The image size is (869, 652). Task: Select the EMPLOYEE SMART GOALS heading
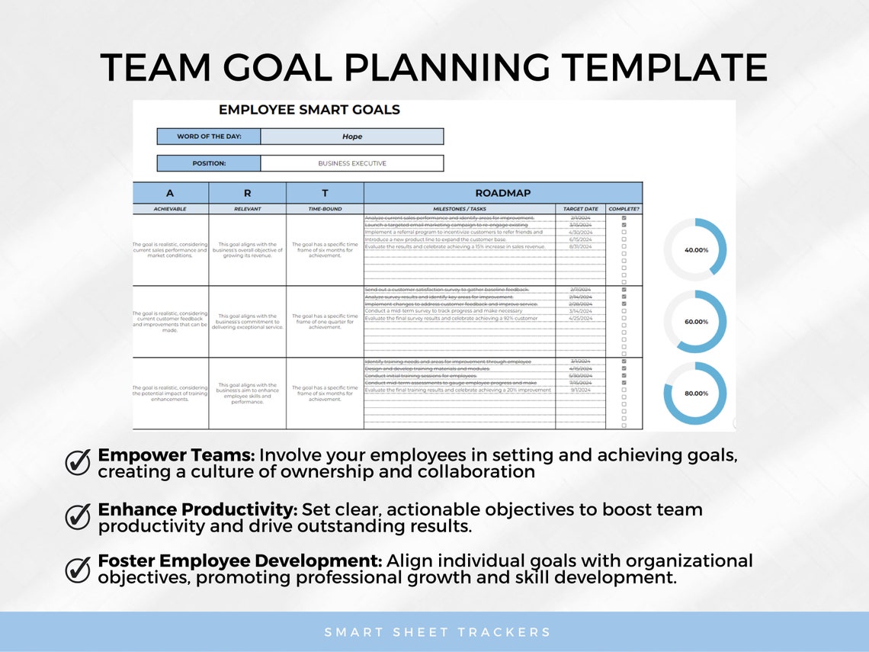click(x=309, y=110)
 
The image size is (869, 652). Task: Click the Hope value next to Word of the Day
click(x=351, y=137)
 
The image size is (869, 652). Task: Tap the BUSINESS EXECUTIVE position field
click(x=351, y=163)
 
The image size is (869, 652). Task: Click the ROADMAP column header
click(x=502, y=193)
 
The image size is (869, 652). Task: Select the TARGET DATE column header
click(x=580, y=209)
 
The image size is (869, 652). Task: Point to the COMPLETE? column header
click(x=624, y=209)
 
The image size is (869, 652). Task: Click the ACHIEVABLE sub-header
click(x=170, y=209)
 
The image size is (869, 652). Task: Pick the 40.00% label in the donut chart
click(x=696, y=250)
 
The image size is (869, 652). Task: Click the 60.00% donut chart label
click(x=696, y=322)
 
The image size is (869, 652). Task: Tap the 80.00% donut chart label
click(x=696, y=393)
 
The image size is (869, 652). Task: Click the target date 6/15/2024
click(x=580, y=239)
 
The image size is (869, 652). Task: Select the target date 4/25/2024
click(x=580, y=318)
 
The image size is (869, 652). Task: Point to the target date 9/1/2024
click(x=580, y=390)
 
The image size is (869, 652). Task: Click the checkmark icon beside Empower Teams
click(x=78, y=462)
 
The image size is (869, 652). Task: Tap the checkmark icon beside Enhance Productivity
click(x=78, y=516)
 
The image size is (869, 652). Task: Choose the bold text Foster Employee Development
click(x=239, y=561)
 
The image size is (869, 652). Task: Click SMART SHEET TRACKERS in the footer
click(x=438, y=632)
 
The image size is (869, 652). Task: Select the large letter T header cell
click(x=325, y=193)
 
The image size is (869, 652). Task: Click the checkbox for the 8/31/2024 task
click(x=624, y=246)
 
